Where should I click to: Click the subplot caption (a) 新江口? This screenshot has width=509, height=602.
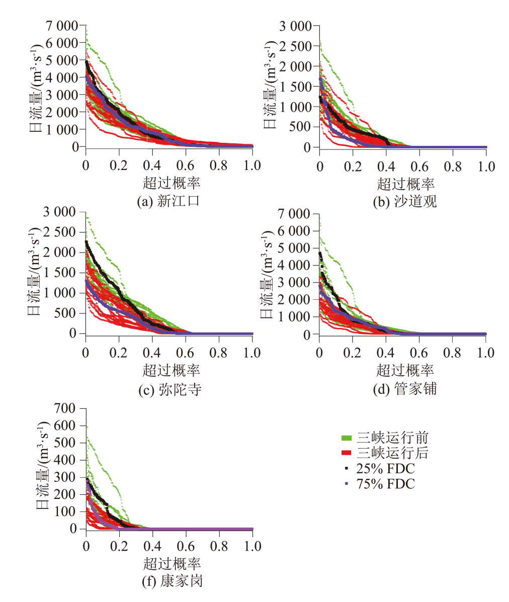point(168,202)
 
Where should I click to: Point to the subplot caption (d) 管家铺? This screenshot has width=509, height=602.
point(405,389)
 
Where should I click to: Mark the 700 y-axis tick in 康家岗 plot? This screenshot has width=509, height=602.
point(69,408)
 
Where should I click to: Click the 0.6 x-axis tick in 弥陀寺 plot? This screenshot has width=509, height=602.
point(186,353)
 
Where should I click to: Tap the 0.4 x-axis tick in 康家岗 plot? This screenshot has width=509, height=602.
point(152,546)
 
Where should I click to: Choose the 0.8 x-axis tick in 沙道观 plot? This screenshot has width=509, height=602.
point(453,166)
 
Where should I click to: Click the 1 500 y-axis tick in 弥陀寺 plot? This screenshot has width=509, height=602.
point(62,273)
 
